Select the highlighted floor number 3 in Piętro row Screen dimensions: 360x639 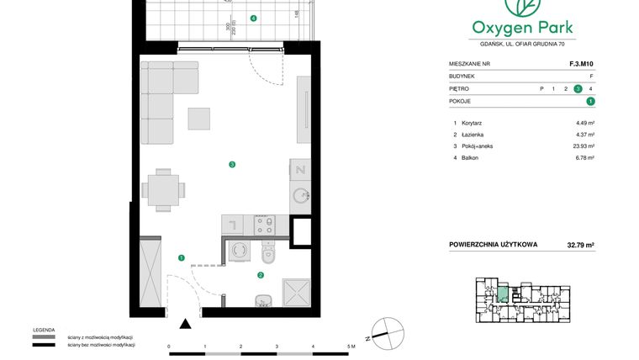[x=578, y=88]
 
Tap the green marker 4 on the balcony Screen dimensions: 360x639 [x=254, y=18]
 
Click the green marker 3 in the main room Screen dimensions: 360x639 [x=232, y=165]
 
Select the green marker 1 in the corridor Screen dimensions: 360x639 [x=181, y=258]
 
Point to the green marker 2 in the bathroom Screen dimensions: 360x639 [x=261, y=274]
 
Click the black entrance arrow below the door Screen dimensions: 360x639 [x=186, y=323]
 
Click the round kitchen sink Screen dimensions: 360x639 [x=300, y=196]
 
